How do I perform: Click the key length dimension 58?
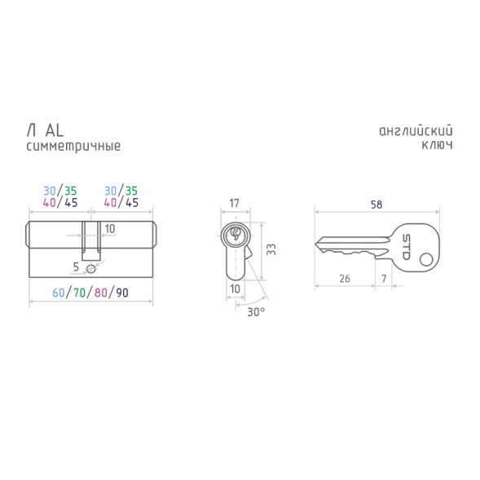(377, 205)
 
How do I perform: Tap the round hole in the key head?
(426, 260)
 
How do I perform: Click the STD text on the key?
(406, 247)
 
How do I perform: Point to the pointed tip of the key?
(315, 244)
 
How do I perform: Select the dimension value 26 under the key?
(345, 279)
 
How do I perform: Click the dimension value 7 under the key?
(384, 279)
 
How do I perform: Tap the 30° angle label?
(256, 312)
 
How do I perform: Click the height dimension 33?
(271, 249)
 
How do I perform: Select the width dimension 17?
(234, 203)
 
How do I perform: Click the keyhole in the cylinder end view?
(235, 234)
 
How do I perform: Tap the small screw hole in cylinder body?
(91, 269)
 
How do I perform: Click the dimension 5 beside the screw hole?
(76, 267)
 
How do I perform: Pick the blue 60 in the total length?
(58, 293)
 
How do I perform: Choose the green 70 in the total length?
(79, 293)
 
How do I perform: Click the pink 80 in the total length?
(101, 293)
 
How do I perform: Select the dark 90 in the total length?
(122, 293)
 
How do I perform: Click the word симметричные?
(73, 146)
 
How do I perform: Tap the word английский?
(416, 130)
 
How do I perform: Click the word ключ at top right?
(437, 144)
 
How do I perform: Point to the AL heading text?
(54, 130)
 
